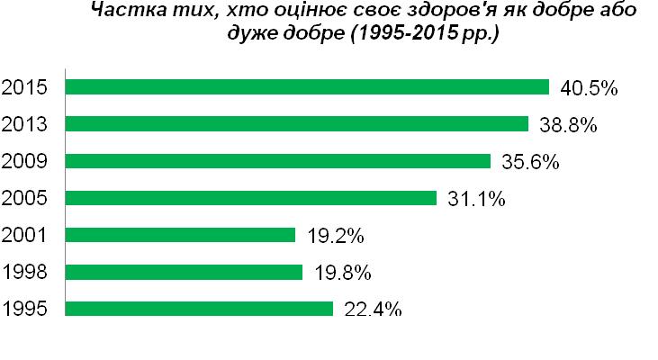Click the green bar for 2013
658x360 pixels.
tap(297, 124)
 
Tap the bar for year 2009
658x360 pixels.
tap(278, 161)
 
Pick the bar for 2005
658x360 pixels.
tap(251, 198)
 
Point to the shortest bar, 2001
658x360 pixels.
tap(181, 235)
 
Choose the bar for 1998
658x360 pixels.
tap(185, 272)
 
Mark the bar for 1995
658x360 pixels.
tap(200, 309)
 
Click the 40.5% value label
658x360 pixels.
tap(589, 88)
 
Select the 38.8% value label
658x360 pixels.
tap(568, 125)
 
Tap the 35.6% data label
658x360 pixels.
tap(530, 162)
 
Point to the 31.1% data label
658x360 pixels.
tap(476, 199)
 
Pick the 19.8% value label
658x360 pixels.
tap(342, 273)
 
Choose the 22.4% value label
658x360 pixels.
tap(373, 310)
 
